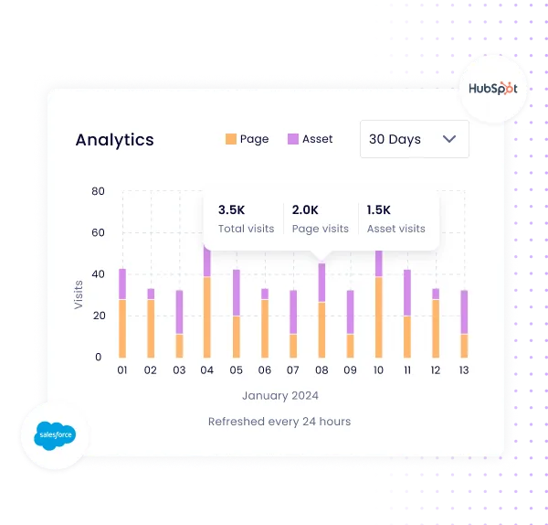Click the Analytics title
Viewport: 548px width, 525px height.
coord(114,140)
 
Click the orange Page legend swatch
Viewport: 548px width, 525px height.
coord(230,139)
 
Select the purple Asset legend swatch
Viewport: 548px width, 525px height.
coord(293,139)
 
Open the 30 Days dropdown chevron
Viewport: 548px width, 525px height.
coord(449,139)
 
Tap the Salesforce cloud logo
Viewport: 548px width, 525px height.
coord(54,436)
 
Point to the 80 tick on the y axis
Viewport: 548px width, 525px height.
coord(99,191)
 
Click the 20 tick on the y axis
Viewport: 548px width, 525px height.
coord(99,316)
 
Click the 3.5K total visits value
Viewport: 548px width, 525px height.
coord(232,209)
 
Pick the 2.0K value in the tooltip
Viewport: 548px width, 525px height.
coord(305,209)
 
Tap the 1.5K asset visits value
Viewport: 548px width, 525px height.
coord(379,209)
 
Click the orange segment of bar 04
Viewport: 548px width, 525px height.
coord(207,316)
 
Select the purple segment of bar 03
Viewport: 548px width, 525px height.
coord(179,312)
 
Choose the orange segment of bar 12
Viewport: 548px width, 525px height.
coord(435,328)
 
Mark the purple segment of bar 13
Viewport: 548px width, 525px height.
coord(464,312)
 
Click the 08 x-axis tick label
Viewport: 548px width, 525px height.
coord(321,370)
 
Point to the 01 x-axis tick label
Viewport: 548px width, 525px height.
coord(122,370)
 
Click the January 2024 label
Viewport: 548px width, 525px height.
coord(280,396)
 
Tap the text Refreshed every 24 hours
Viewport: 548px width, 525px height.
coord(279,422)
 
